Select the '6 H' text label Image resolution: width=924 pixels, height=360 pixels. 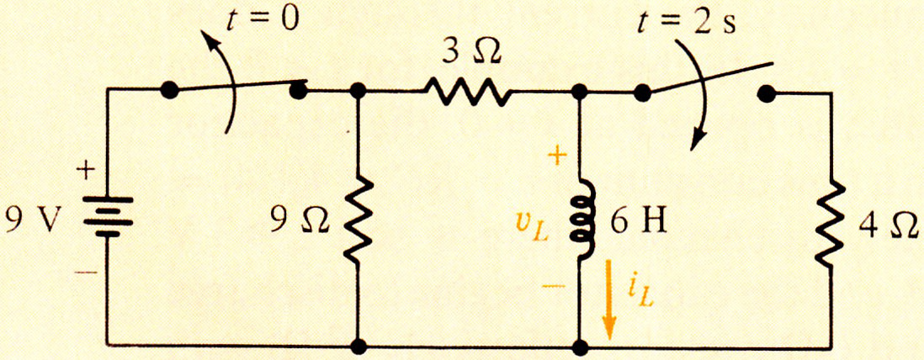point(638,224)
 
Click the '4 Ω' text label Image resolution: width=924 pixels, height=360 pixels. point(888,225)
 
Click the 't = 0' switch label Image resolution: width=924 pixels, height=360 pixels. point(263,21)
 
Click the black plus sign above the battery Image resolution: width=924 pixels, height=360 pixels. point(88,172)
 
